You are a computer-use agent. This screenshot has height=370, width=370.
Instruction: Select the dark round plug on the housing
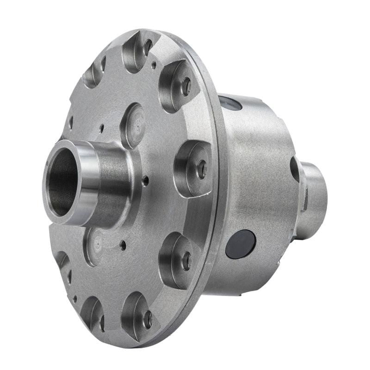[240, 244]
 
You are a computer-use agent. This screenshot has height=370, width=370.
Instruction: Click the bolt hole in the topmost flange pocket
[148, 46]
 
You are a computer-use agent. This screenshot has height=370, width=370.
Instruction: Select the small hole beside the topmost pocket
[154, 66]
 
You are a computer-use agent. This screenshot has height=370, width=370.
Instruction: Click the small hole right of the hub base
[146, 181]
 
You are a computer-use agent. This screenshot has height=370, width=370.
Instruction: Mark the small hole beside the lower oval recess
[123, 246]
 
